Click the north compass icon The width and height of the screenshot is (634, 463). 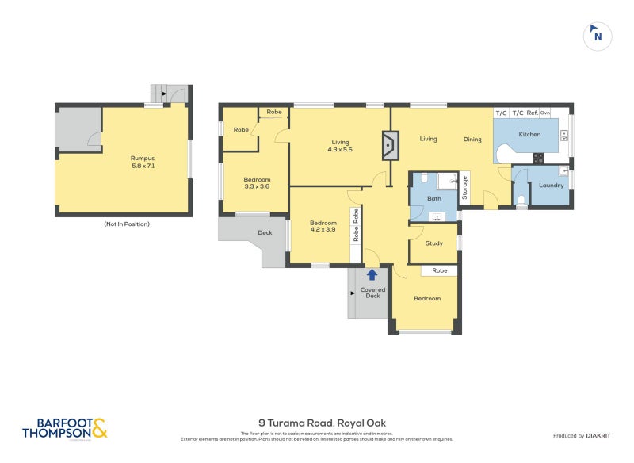click(598, 36)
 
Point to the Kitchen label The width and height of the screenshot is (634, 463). click(529, 135)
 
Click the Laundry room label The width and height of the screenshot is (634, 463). click(550, 186)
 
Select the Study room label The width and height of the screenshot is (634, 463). click(433, 243)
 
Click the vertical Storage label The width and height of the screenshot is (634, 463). click(465, 189)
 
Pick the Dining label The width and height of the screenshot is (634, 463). click(472, 140)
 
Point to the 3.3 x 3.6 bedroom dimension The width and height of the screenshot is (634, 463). click(257, 186)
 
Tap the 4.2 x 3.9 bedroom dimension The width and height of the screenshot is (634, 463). click(323, 230)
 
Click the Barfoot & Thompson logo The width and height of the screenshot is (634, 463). click(64, 428)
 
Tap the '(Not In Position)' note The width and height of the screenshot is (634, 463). click(126, 224)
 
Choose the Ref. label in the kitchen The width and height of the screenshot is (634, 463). click(532, 113)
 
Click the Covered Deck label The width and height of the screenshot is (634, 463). click(372, 293)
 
